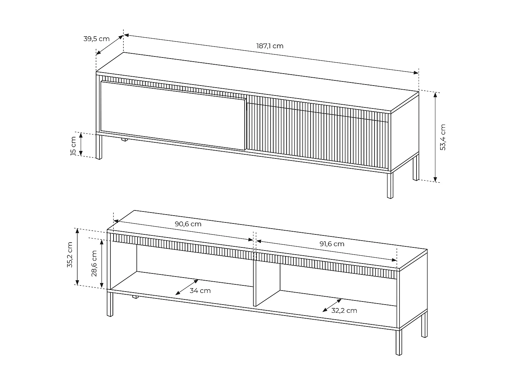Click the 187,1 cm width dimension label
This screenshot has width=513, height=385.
(270, 46)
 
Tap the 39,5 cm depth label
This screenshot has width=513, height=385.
(96, 39)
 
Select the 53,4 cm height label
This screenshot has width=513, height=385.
(443, 137)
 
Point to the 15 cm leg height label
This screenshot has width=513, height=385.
(74, 146)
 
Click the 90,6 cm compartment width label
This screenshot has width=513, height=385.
(188, 224)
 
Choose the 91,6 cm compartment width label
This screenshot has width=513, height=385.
(332, 244)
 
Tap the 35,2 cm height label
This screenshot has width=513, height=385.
(70, 255)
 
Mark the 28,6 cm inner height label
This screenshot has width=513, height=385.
(94, 264)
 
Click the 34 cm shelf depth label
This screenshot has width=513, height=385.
(200, 291)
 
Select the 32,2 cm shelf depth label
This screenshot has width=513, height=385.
(344, 310)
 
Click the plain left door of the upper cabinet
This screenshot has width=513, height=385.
(173, 115)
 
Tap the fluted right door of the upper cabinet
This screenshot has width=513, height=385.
(317, 132)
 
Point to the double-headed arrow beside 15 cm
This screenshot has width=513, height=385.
(81, 144)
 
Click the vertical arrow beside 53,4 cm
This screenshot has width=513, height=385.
(435, 137)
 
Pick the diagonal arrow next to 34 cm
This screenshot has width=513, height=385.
(187, 287)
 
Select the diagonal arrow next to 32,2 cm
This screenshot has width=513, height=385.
(332, 305)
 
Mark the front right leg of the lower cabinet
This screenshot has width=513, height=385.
(399, 342)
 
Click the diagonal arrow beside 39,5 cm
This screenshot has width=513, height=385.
(110, 45)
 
